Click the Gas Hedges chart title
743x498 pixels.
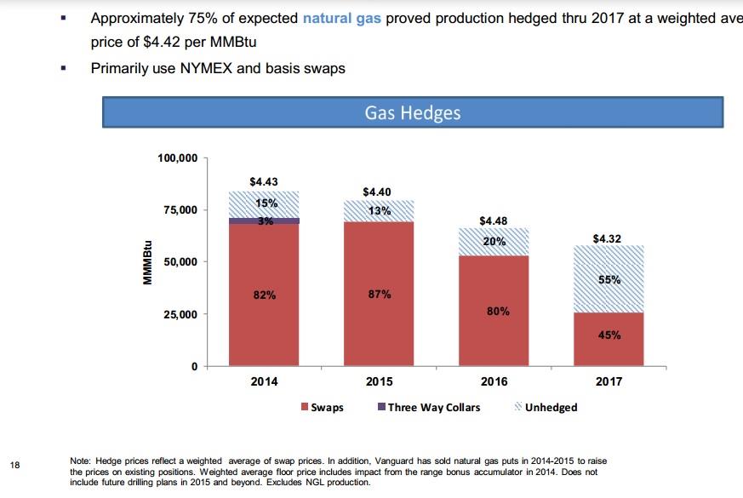pyautogui.click(x=413, y=112)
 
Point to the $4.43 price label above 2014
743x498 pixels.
pyautogui.click(x=264, y=181)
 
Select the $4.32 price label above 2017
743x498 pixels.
pyautogui.click(x=607, y=238)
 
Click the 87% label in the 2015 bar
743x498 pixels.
pyautogui.click(x=380, y=295)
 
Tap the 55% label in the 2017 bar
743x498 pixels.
pyautogui.click(x=609, y=279)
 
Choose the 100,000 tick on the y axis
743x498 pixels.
pyautogui.click(x=178, y=158)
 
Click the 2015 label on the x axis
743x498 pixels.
pyautogui.click(x=379, y=381)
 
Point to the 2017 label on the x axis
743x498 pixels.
pyautogui.click(x=608, y=381)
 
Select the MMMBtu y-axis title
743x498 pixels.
pyautogui.click(x=146, y=262)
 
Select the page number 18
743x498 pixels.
pyautogui.click(x=15, y=465)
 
